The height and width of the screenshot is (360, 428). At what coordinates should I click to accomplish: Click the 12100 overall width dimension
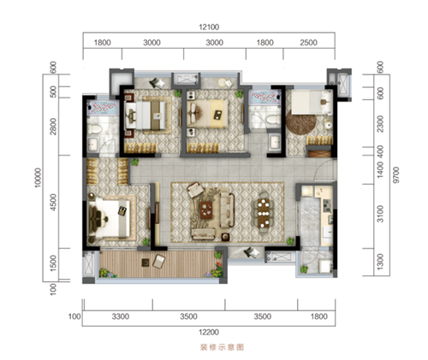[x=209, y=27]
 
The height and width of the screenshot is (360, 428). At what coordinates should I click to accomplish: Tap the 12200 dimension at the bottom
[x=209, y=332]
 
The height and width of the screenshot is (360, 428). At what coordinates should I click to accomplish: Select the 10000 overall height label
[x=38, y=178]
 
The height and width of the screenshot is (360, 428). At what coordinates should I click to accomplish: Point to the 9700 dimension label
[x=395, y=175]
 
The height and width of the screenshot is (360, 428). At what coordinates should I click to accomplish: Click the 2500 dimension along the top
[x=308, y=43]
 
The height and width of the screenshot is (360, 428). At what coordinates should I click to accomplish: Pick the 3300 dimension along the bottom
[x=121, y=316]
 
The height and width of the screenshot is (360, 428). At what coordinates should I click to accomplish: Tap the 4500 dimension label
[x=53, y=203]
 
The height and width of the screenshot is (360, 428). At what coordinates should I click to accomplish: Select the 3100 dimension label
[x=380, y=214]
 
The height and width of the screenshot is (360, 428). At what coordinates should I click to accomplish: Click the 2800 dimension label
[x=53, y=127]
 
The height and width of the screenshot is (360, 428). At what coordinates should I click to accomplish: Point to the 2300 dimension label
[x=380, y=124]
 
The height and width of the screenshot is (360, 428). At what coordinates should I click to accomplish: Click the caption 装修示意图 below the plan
[x=223, y=347]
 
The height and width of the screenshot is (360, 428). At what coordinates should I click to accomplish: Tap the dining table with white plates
[x=264, y=213]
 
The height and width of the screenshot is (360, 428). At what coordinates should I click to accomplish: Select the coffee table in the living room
[x=206, y=210]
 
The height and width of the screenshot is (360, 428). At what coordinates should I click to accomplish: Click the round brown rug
[x=301, y=122]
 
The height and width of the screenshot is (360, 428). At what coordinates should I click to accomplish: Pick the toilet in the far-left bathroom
[x=94, y=129]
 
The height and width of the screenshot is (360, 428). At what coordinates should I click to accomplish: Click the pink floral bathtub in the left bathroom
[x=103, y=108]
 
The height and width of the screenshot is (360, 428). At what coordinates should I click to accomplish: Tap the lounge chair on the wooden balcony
[x=159, y=261]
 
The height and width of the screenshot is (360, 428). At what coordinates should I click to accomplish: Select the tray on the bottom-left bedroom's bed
[x=122, y=210]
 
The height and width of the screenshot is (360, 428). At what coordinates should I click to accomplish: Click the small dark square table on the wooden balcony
[x=146, y=263]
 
